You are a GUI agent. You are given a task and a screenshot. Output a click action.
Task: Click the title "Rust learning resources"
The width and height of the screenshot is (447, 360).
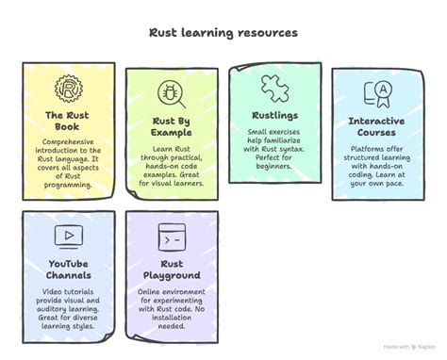pyautogui.click(x=223, y=33)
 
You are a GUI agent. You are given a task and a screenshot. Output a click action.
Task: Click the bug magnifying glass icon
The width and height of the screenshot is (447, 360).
pyautogui.click(x=172, y=92)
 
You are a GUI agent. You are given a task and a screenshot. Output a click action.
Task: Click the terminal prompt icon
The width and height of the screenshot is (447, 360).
pyautogui.click(x=171, y=235)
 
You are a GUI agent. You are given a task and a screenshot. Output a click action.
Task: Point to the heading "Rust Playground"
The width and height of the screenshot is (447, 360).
pyautogui.click(x=172, y=270)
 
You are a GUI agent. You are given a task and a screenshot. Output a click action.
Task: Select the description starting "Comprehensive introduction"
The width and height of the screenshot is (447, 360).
pyautogui.click(x=68, y=165)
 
